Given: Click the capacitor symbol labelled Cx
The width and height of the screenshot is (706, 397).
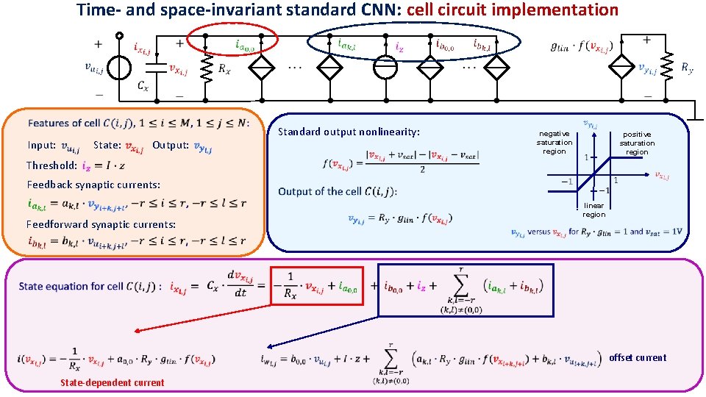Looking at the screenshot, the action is (152, 68).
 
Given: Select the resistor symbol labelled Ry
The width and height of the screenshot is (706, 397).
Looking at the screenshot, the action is (667, 68).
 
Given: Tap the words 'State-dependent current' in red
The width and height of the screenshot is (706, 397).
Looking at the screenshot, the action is (113, 382).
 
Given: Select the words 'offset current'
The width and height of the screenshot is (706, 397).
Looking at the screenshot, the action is (638, 358).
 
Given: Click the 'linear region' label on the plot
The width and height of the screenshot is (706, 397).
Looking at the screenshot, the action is (593, 210).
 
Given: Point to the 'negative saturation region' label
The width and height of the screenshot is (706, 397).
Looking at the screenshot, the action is (554, 143).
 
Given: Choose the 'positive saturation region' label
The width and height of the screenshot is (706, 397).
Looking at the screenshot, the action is (637, 143).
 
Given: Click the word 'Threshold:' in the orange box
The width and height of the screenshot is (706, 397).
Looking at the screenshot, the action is (51, 165).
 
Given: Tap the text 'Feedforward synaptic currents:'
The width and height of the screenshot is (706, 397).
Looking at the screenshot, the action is (101, 224).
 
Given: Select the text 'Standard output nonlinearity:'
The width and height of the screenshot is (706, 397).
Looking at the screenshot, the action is (349, 132).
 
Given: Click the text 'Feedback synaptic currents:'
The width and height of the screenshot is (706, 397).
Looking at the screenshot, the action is (93, 185).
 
